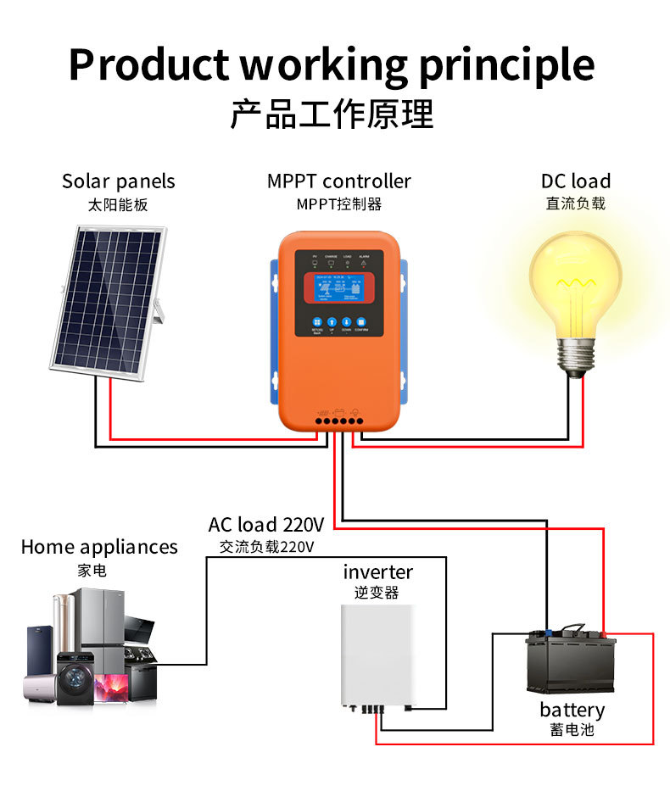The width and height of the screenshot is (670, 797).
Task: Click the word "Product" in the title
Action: point(148,64)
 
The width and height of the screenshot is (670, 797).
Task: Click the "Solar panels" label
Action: point(118,181)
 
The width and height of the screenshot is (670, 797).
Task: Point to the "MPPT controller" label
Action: point(338,181)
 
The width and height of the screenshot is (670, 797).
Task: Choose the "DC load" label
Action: point(575,181)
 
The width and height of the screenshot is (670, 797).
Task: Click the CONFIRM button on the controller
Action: point(360,323)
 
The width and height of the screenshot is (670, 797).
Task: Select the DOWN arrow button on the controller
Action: point(346,323)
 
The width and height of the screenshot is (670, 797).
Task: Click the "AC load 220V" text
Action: point(266,524)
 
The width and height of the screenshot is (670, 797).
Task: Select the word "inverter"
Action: point(377,572)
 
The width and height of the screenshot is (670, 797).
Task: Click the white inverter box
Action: point(381,653)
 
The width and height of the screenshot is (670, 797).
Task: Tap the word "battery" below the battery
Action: point(572,710)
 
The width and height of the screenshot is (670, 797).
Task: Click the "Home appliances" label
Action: point(99,547)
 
